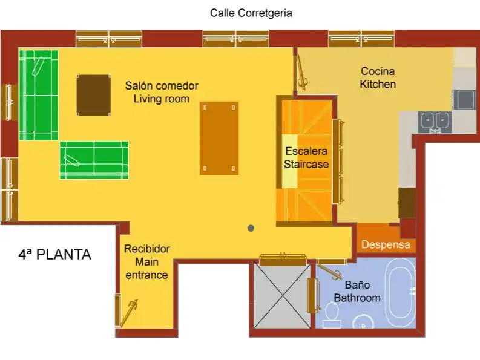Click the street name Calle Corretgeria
click(x=251, y=13)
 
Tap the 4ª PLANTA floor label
click(x=55, y=255)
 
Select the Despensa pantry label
click(x=386, y=245)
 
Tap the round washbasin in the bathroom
click(x=363, y=321)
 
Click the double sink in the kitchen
click(x=435, y=122)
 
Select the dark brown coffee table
click(x=94, y=95)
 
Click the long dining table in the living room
click(x=219, y=139)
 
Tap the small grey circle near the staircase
click(x=251, y=228)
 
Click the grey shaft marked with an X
click(x=282, y=296)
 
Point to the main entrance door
click(x=129, y=314)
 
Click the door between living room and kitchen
click(x=301, y=73)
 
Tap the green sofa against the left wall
click(x=39, y=95)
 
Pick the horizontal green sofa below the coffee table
click(x=94, y=160)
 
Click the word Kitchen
click(x=378, y=84)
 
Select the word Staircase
click(x=306, y=164)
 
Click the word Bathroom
click(x=357, y=298)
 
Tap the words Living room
click(x=162, y=99)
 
